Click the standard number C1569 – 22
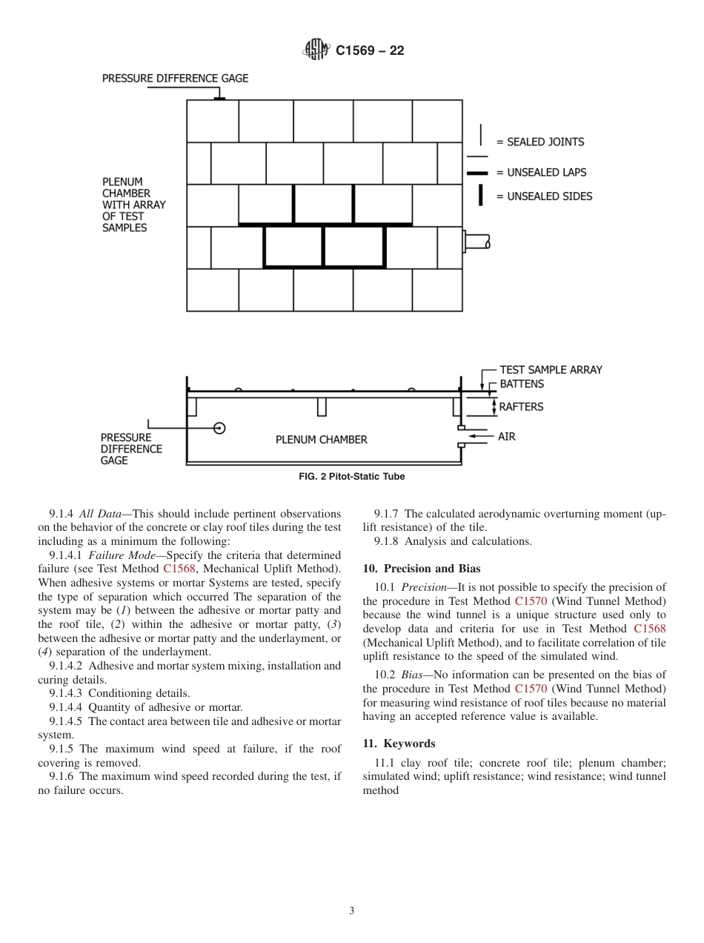click(x=370, y=51)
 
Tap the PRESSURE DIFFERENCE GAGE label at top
click(x=175, y=78)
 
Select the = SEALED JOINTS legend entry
click(x=540, y=142)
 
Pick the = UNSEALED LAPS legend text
click(x=541, y=172)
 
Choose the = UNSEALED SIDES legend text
click(x=544, y=196)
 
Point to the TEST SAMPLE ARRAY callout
click(x=551, y=369)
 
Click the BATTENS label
click(x=522, y=384)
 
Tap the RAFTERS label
click(x=521, y=406)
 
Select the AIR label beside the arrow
click(x=507, y=437)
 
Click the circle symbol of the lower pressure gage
click(x=219, y=428)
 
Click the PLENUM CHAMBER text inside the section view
click(x=321, y=440)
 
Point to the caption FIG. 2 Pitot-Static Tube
click(x=352, y=477)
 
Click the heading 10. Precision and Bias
click(x=422, y=569)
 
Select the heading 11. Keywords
click(x=399, y=744)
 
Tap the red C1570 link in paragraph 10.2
click(x=531, y=689)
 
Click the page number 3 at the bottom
click(x=352, y=911)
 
